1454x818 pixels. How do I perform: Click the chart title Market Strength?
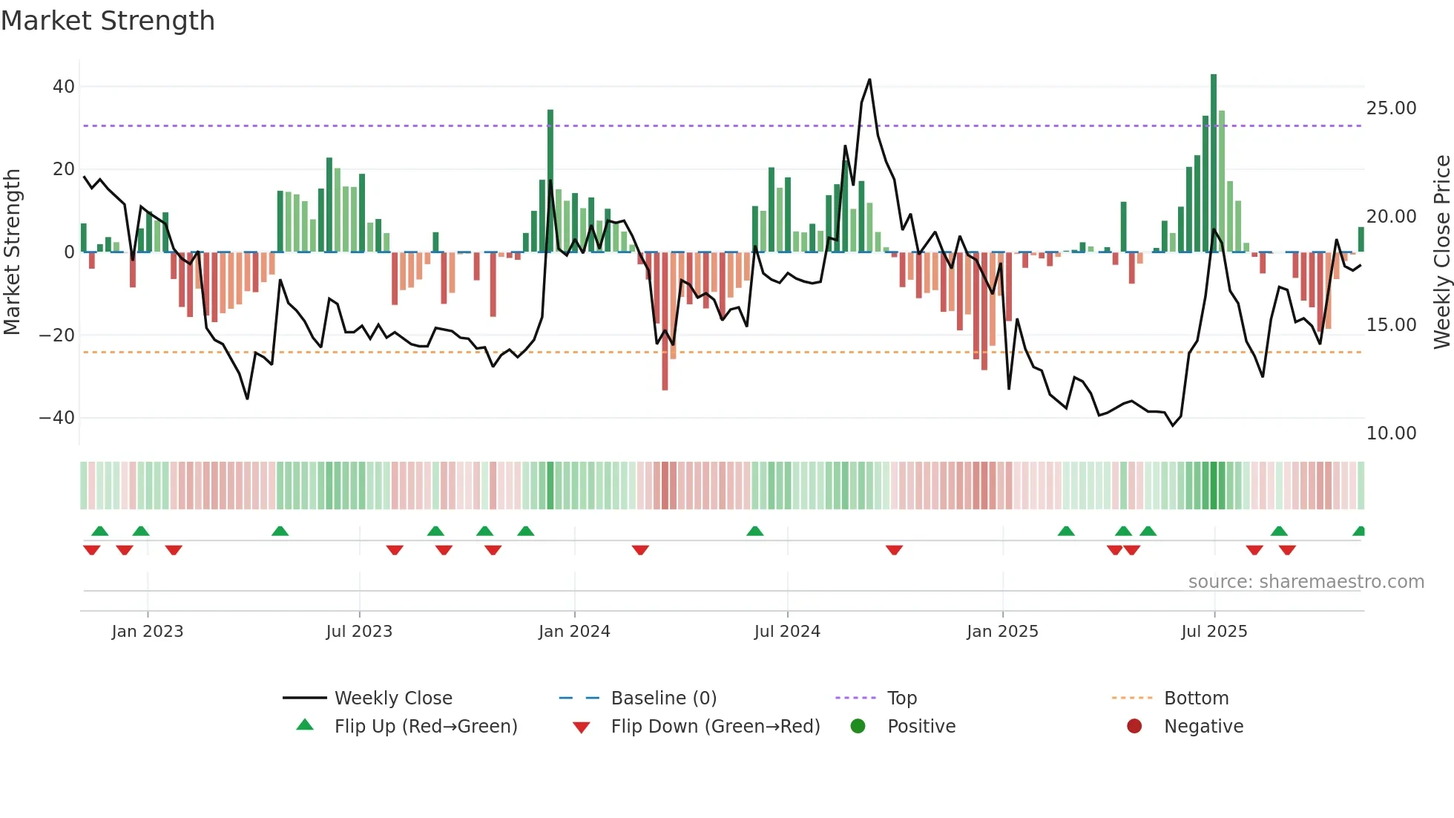tap(108, 21)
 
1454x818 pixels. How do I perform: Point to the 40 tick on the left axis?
tap(64, 87)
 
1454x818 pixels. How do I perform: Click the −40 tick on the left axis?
tap(57, 418)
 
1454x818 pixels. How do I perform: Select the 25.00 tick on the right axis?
tap(1391, 108)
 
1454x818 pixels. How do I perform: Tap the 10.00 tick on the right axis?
tap(1391, 433)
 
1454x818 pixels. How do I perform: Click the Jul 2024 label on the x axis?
tap(787, 632)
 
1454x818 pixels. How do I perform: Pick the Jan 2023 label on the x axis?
tap(148, 632)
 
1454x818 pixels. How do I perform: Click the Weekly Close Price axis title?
tap(1441, 252)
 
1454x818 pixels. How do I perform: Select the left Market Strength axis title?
tap(12, 252)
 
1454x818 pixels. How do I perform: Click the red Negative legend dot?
tap(1134, 727)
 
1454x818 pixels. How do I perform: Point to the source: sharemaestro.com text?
tap(1306, 582)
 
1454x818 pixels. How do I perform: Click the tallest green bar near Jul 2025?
tap(1214, 163)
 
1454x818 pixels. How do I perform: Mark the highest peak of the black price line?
tap(869, 80)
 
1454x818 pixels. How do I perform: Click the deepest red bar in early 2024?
tap(665, 321)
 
